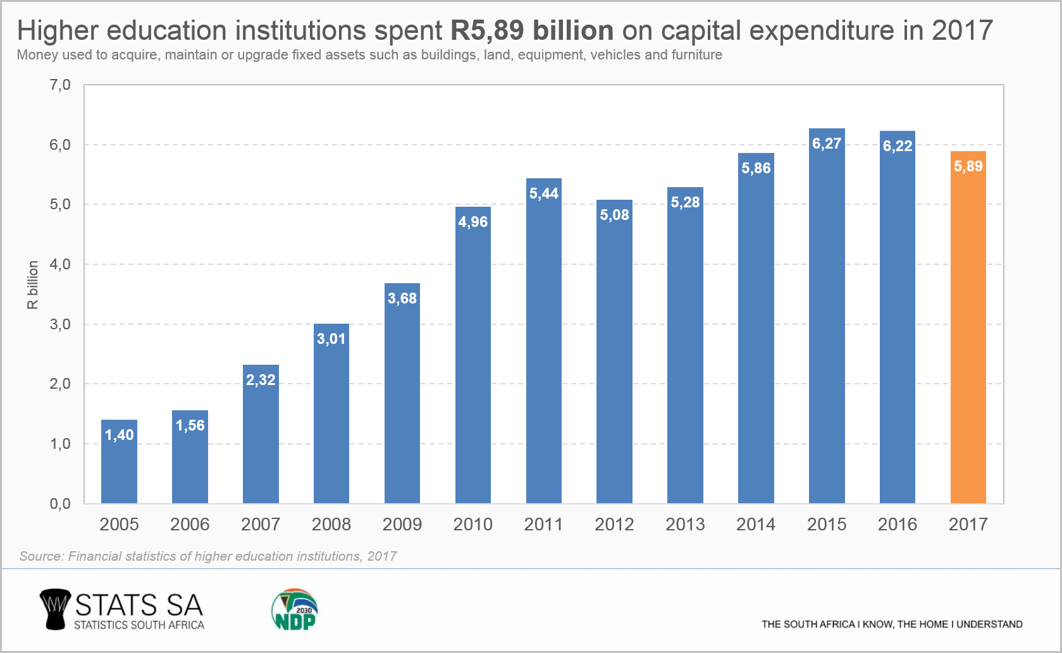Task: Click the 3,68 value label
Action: (x=402, y=298)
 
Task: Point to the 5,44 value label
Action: (x=544, y=193)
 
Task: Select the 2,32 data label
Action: (x=261, y=380)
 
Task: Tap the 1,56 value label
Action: (x=190, y=425)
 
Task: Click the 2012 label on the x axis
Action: (x=614, y=524)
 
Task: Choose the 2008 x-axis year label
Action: (x=331, y=524)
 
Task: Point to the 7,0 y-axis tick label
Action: (x=60, y=85)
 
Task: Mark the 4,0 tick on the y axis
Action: (x=60, y=264)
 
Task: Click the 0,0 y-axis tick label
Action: (x=60, y=504)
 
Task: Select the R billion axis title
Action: (x=33, y=284)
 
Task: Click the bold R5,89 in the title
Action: (x=486, y=30)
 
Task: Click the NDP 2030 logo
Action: (x=295, y=610)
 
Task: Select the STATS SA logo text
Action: (x=139, y=606)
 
